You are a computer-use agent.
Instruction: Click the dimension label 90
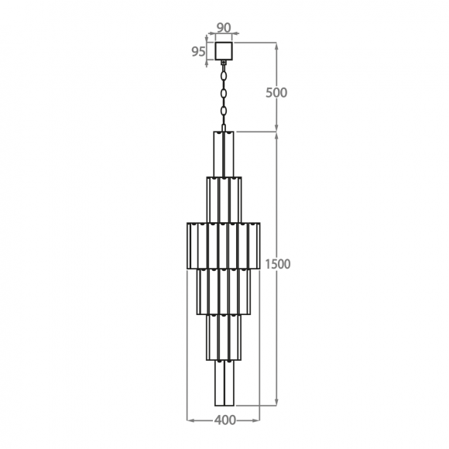click(x=224, y=28)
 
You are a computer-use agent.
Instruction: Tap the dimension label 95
click(x=198, y=52)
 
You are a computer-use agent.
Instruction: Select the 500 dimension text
click(x=276, y=93)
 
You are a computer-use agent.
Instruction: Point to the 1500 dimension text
click(x=278, y=264)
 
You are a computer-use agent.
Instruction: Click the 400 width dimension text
click(x=225, y=420)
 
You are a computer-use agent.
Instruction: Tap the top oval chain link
click(x=224, y=77)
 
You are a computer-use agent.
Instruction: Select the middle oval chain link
click(x=224, y=94)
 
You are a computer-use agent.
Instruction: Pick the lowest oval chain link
click(x=224, y=111)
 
